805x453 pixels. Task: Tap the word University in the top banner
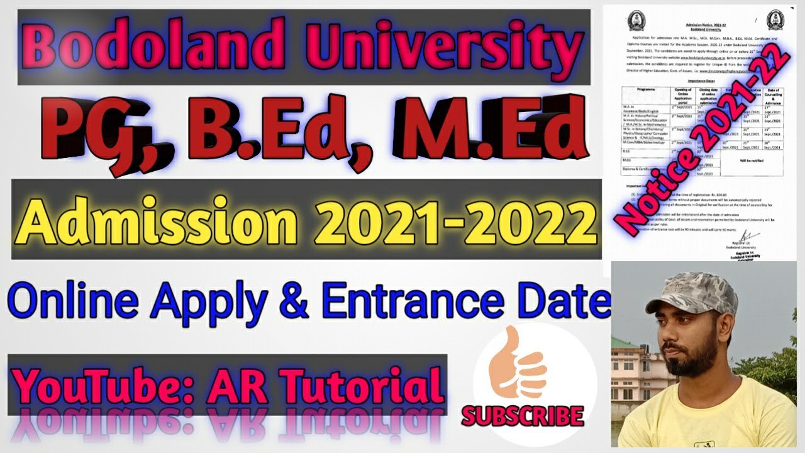[x=427, y=47]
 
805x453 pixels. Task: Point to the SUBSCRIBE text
[x=523, y=415]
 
